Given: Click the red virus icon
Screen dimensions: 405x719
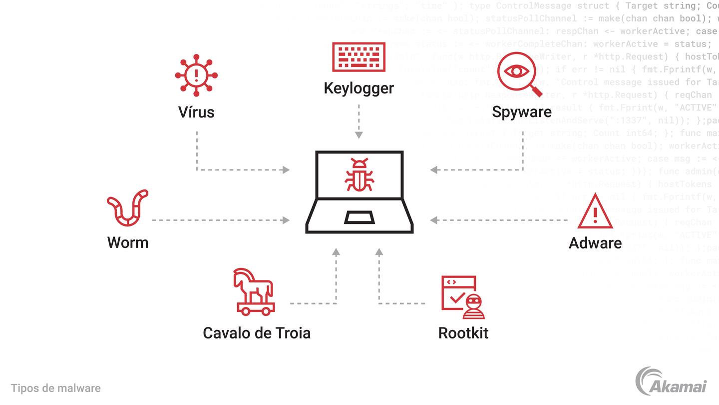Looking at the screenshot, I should tap(196, 75).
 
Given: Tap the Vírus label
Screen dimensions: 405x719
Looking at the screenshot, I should tap(196, 111).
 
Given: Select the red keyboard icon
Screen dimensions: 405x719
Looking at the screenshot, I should tap(359, 57).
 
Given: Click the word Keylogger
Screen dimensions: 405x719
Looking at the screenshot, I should tap(359, 88).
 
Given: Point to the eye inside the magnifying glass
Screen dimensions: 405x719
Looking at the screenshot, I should tap(516, 71).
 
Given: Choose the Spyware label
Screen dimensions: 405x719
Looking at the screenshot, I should tap(522, 111).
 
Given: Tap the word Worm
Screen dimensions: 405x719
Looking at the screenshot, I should tap(128, 242).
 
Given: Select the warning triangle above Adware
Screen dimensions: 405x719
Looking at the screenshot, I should tap(595, 212).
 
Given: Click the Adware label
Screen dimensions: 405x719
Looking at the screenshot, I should tap(595, 243).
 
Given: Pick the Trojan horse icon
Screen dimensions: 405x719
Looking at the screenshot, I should tap(254, 292).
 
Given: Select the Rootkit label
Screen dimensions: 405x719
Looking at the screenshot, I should tap(463, 333).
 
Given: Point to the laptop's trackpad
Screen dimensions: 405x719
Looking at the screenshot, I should tap(359, 217).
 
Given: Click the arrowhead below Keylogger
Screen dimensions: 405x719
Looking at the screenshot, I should tap(359, 134).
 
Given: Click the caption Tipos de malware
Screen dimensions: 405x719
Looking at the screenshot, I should tap(55, 388).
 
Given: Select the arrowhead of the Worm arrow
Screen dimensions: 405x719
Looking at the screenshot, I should tap(286, 220).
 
